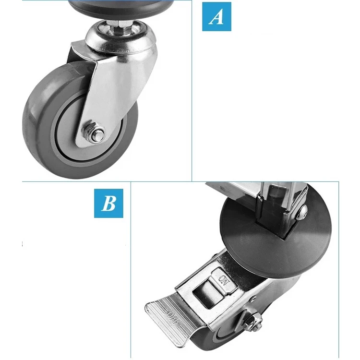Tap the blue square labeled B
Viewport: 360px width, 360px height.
coord(108,203)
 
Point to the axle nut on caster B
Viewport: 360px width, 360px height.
coord(251,321)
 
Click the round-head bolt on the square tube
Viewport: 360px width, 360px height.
coord(301,212)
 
